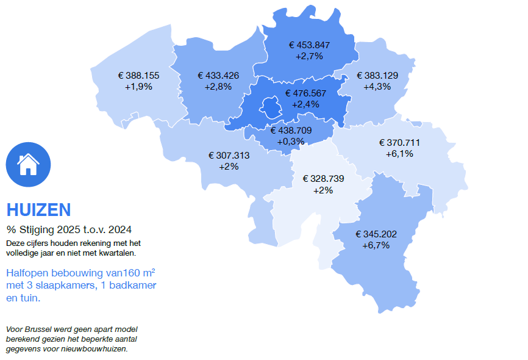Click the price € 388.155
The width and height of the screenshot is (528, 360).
(138, 76)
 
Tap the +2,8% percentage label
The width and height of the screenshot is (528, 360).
(218, 87)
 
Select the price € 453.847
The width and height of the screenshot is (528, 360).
(309, 45)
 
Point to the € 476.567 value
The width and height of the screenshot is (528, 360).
(305, 93)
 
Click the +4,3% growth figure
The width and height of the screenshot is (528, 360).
(377, 87)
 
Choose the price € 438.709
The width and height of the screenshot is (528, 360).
(291, 131)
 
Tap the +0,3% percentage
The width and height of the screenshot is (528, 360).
(290, 142)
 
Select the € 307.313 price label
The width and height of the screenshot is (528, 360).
(229, 155)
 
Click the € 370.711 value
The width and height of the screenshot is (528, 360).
(399, 143)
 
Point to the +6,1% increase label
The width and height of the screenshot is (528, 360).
(399, 154)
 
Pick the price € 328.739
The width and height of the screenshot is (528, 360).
(323, 179)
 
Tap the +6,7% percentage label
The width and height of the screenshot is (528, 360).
(376, 245)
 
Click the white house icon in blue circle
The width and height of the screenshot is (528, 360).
(28, 164)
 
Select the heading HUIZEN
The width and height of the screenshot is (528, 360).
(38, 210)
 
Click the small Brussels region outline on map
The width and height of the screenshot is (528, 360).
(270, 109)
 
